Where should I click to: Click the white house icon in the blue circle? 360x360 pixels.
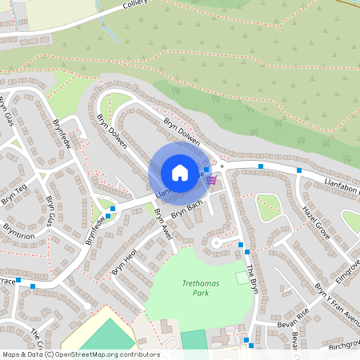coord(180,172)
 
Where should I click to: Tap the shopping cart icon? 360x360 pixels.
coord(211,180)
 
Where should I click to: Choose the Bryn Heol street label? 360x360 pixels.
coord(125,261)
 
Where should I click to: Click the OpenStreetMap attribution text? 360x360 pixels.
coord(80,354)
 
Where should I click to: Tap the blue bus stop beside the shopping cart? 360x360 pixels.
coord(206,169)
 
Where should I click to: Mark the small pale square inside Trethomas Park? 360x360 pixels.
coord(242,277)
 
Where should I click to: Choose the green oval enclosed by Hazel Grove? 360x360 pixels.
coord(270,207)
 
